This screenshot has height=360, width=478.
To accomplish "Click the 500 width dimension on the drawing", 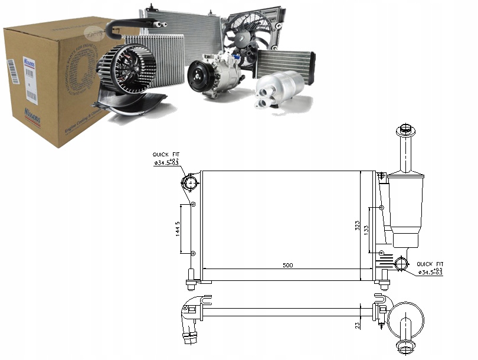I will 287,265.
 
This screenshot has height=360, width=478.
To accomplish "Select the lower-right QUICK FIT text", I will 430,264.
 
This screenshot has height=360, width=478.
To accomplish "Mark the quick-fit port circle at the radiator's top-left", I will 189,184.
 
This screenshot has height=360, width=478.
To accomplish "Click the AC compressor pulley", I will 199,77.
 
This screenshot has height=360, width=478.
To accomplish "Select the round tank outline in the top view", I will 406,319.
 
